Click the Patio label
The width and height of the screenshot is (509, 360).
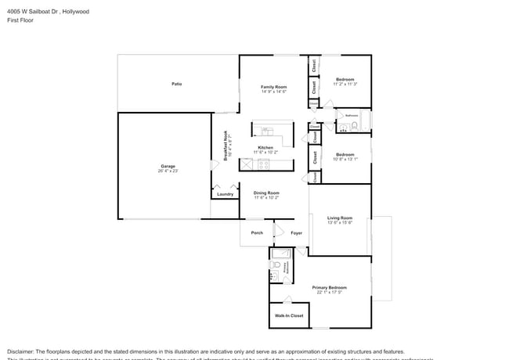(177, 84)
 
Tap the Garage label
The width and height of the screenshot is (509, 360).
(168, 166)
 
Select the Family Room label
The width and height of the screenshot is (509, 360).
(274, 87)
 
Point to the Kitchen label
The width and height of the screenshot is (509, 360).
(265, 148)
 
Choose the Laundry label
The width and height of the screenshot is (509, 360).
(225, 193)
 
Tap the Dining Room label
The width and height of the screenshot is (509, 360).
(266, 193)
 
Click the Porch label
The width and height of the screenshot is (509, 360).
(256, 232)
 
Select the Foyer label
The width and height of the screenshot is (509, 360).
(297, 232)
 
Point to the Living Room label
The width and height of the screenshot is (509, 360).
(340, 218)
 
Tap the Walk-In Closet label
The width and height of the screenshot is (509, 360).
(288, 315)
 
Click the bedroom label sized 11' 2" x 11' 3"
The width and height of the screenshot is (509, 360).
(345, 79)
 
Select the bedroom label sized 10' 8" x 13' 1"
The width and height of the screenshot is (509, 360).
(345, 154)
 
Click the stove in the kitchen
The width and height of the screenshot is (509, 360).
(264, 164)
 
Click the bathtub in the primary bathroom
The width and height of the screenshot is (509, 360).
(281, 254)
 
